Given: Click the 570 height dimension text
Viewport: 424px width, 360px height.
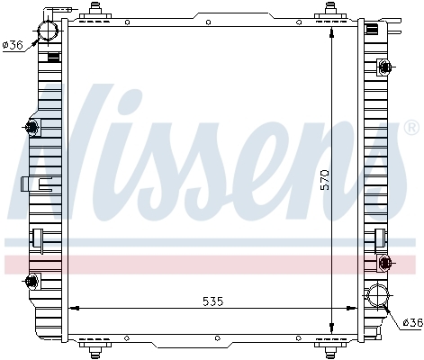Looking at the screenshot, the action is click(x=324, y=180).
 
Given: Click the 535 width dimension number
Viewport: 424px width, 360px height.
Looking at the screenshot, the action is click(x=213, y=301).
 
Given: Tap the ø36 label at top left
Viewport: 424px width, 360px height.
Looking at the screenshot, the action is click(x=13, y=45).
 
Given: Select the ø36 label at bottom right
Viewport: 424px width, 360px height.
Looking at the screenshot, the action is click(x=413, y=323).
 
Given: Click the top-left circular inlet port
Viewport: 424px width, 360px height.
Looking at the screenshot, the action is click(x=48, y=31).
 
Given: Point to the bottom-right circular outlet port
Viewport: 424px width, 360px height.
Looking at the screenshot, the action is click(x=377, y=295).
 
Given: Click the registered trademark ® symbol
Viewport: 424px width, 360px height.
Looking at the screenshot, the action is click(x=411, y=128).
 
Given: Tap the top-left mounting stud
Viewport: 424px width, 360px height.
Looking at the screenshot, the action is click(x=95, y=9).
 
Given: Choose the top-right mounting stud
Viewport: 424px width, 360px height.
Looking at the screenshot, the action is click(x=330, y=9).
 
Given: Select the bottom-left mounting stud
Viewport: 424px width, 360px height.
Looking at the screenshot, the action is click(x=95, y=350).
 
